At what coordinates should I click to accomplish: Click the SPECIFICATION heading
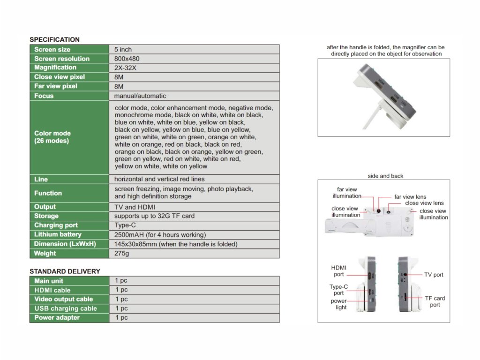coord(54,40)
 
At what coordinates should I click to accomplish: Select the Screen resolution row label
coord(62,59)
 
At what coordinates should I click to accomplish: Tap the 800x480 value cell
coord(127,59)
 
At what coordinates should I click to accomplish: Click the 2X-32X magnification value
coord(125,67)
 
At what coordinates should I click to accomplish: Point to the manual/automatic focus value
coord(140,96)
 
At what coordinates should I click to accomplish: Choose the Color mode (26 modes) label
coord(52,137)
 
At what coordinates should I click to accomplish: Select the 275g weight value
coord(121,253)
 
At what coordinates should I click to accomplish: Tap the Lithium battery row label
coord(58,234)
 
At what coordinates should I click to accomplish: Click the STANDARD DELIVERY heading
coord(65,271)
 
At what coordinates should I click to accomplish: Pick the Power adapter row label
coord(57,317)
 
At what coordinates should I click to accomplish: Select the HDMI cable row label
coord(52,290)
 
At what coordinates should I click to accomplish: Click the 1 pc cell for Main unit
coord(121,280)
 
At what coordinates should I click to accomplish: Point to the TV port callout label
coord(434,275)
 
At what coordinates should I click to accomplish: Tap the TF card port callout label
coord(435,301)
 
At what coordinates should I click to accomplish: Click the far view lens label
coord(410,197)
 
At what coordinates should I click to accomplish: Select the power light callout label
coord(339,304)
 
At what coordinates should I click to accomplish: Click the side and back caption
coord(385,176)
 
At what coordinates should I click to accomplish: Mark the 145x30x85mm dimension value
coord(176,244)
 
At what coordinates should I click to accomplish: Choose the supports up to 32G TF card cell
coord(154,216)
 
